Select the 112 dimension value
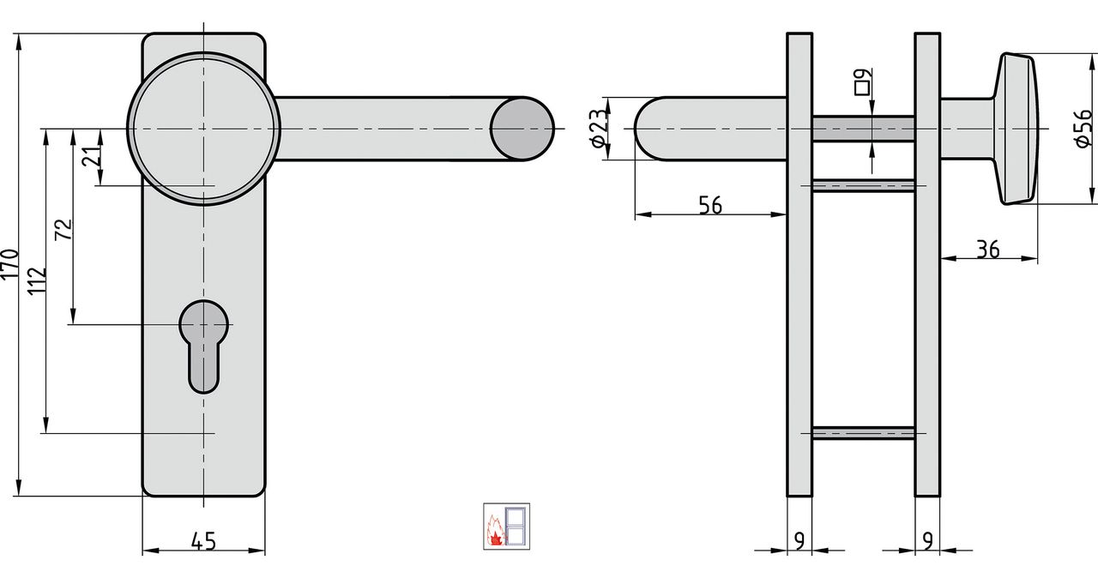pyautogui.click(x=38, y=280)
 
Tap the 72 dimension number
pyautogui.click(x=63, y=229)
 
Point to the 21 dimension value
pyautogui.click(x=92, y=157)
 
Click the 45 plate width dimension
pyautogui.click(x=203, y=541)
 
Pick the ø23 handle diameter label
pyautogui.click(x=599, y=129)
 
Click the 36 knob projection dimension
pyautogui.click(x=987, y=250)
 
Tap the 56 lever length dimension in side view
pyautogui.click(x=710, y=205)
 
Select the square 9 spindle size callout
pyautogui.click(x=864, y=81)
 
